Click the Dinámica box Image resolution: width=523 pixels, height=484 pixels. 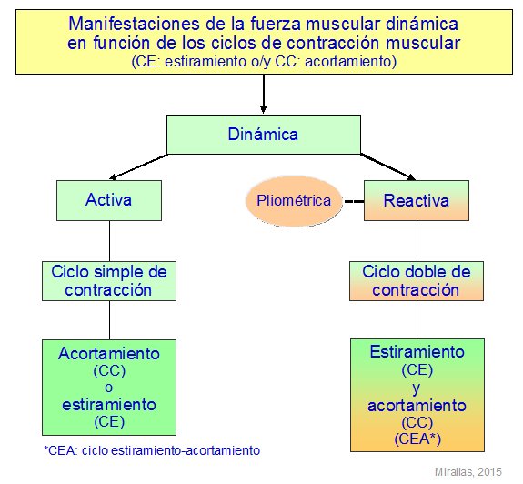pyautogui.click(x=264, y=135)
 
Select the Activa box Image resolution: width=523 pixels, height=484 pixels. pyautogui.click(x=109, y=200)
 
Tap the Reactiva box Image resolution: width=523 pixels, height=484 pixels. pyautogui.click(x=417, y=200)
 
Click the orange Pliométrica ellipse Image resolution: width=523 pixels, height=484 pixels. pyautogui.click(x=294, y=201)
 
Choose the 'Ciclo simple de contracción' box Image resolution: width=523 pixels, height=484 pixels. pyautogui.click(x=109, y=281)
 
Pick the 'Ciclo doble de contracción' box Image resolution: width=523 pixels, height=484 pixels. pyautogui.click(x=417, y=281)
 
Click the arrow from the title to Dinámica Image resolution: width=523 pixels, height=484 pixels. pyautogui.click(x=264, y=94)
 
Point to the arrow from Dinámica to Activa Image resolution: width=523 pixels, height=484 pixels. pyautogui.click(x=138, y=166)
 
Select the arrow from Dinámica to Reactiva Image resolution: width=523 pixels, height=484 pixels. pyautogui.click(x=387, y=166)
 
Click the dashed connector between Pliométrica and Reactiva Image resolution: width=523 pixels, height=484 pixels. pyautogui.click(x=354, y=201)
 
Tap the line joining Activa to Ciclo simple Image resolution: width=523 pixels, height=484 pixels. pyautogui.click(x=110, y=241)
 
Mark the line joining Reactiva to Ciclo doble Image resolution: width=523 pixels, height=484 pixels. pyautogui.click(x=417, y=241)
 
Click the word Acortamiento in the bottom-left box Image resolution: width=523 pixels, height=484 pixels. pyautogui.click(x=109, y=354)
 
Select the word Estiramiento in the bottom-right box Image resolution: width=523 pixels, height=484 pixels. pyautogui.click(x=417, y=352)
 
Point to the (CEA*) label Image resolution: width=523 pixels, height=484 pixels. pyautogui.click(x=417, y=439)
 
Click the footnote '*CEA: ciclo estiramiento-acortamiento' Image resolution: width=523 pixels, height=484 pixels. pyautogui.click(x=152, y=450)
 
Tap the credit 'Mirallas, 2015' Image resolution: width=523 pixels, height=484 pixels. pyautogui.click(x=468, y=471)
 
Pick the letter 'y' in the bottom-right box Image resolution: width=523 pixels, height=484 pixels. pyautogui.click(x=416, y=388)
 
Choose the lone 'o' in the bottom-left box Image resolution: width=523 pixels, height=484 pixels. pyautogui.click(x=109, y=388)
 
